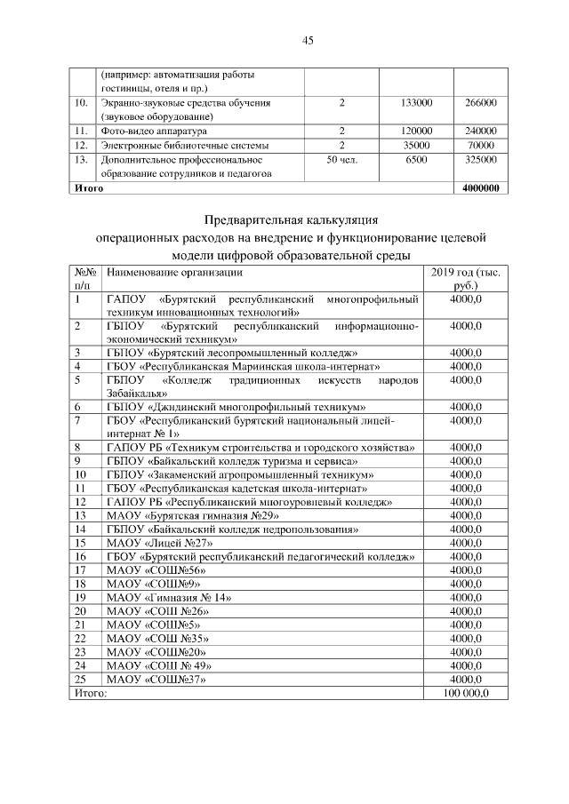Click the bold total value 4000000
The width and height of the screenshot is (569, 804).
point(480,187)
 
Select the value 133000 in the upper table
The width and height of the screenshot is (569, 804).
point(416,103)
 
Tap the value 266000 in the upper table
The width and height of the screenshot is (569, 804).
point(480,103)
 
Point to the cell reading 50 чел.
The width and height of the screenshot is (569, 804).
point(342,159)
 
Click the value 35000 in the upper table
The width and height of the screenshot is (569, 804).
point(416,145)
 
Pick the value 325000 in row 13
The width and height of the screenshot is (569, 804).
point(480,159)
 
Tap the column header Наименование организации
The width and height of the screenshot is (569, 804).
point(174,272)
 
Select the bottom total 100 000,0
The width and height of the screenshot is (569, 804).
point(466,693)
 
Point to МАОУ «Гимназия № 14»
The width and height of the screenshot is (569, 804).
point(169,599)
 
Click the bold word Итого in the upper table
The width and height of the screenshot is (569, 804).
point(89,187)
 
